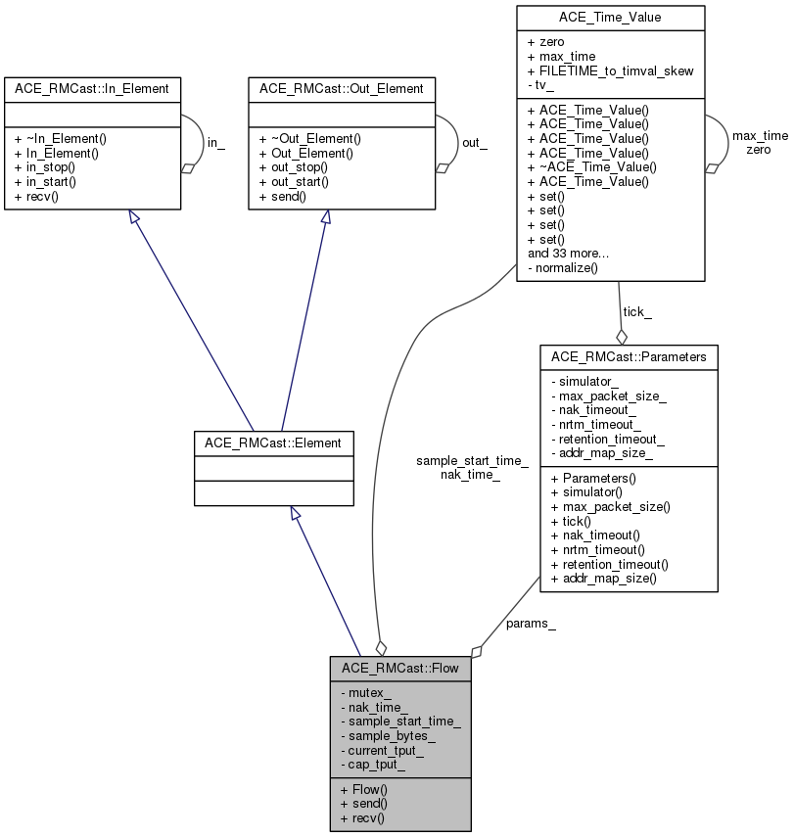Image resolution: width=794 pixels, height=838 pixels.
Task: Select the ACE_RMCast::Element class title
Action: click(x=273, y=442)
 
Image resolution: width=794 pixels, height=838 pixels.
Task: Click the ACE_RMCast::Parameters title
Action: click(x=629, y=356)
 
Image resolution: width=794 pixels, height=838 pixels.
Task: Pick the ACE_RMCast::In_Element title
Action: click(x=92, y=88)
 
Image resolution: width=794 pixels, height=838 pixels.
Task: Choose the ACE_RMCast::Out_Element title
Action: click(x=341, y=88)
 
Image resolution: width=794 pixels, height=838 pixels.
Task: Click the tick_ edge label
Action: click(x=637, y=312)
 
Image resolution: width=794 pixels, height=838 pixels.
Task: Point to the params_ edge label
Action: click(x=531, y=624)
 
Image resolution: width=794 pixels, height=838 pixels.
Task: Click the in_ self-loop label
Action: click(x=216, y=143)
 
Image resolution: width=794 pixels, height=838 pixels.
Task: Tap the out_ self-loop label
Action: click(x=475, y=143)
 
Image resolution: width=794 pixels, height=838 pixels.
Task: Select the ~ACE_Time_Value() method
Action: click(x=591, y=166)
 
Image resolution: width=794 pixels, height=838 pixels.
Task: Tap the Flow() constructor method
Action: click(x=364, y=789)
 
